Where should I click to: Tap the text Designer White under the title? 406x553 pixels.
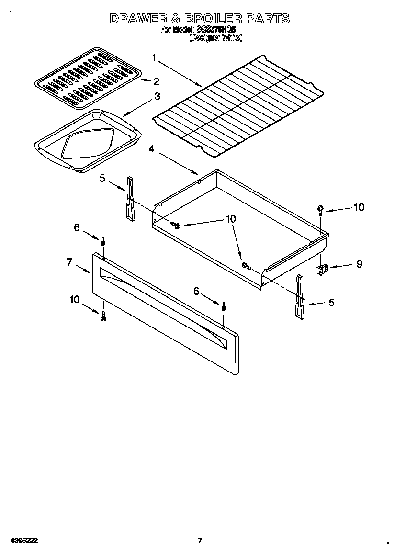[x=215, y=37]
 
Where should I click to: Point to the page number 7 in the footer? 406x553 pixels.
[x=200, y=541]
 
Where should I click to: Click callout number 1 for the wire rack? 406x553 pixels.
[x=154, y=58]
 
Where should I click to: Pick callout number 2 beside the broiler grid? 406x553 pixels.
[x=156, y=81]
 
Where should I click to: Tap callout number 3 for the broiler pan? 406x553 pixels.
[x=157, y=96]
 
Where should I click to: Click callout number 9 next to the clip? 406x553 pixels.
[x=359, y=263]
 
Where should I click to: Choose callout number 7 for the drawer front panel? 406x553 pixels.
[x=69, y=262]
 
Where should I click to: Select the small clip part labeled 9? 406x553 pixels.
[x=323, y=269]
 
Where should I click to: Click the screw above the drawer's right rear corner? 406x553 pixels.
[x=320, y=210]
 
